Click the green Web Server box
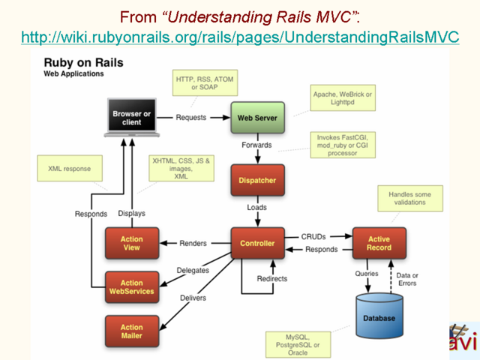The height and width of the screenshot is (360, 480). pos(257,118)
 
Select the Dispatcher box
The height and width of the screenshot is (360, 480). pos(257,180)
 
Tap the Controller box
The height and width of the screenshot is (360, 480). pos(257,243)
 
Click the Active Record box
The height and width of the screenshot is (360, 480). pos(379,243)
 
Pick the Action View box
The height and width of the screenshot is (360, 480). pos(132,243)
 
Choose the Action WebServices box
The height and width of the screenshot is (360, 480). pos(132,287)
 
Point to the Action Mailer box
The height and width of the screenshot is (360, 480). pos(132,331)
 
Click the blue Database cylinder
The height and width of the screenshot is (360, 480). pos(379,315)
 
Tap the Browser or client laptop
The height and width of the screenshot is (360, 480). pos(132,118)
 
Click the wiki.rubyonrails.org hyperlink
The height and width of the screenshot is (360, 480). pos(240,37)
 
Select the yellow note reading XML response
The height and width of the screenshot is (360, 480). pos(70,168)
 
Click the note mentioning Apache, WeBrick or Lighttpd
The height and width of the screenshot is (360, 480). pos(343,98)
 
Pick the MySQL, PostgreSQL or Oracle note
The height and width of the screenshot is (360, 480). pos(298,345)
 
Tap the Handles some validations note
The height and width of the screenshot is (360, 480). pos(410,198)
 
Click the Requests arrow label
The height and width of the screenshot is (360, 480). pos(191,118)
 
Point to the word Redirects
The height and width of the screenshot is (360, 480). pos(272,278)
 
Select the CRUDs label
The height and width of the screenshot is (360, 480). pos(313,237)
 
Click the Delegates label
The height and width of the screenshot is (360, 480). pos(193,270)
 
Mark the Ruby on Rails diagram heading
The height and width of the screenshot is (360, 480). pos(83,63)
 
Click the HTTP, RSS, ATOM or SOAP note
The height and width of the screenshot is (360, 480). pos(205,83)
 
